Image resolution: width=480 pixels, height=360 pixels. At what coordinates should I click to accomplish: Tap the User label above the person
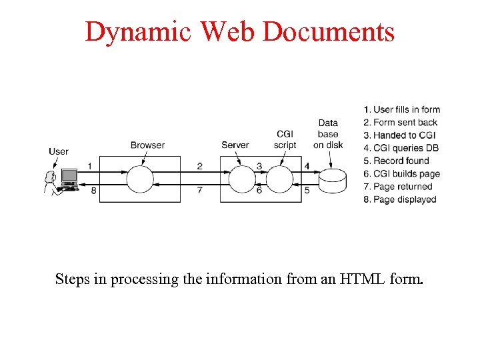click(59, 151)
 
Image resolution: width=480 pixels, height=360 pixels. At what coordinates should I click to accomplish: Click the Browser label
click(147, 145)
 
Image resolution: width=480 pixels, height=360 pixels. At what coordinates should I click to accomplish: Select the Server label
click(235, 145)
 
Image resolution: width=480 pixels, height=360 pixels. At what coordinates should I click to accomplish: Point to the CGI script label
click(285, 140)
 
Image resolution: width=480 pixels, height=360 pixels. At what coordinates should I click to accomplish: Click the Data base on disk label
click(328, 134)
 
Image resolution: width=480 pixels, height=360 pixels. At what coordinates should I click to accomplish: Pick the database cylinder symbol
click(332, 180)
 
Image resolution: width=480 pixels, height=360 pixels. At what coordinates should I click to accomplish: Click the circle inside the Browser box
click(140, 179)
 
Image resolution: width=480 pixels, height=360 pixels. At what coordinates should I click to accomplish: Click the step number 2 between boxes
click(200, 166)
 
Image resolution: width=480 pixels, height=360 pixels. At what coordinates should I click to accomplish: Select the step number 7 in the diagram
click(200, 191)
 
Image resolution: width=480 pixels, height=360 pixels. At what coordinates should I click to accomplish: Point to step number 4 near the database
click(307, 166)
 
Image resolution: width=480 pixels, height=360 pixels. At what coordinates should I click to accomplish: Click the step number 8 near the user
click(94, 191)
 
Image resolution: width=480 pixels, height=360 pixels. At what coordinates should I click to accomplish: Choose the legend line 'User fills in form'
click(402, 109)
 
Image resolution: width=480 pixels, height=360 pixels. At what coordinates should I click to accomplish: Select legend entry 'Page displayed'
click(400, 199)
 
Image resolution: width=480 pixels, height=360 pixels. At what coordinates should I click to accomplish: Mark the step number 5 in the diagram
click(307, 191)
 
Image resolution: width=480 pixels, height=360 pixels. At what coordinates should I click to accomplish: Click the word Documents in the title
click(329, 32)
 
